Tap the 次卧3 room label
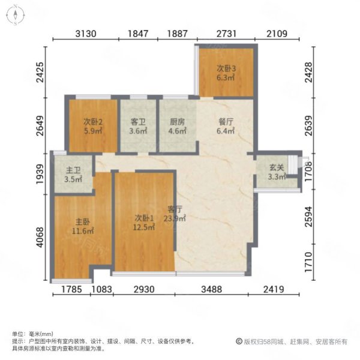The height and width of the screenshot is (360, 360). click(x=227, y=69)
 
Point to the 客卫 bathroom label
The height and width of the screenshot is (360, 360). click(x=138, y=122)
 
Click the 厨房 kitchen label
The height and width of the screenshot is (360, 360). click(x=175, y=122)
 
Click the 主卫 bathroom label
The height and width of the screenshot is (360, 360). click(x=74, y=178)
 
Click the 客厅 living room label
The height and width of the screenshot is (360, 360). click(x=175, y=214)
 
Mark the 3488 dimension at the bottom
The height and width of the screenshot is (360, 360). click(x=211, y=290)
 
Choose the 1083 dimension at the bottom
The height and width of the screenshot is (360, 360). click(x=102, y=290)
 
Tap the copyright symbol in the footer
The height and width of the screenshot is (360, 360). click(x=239, y=342)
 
